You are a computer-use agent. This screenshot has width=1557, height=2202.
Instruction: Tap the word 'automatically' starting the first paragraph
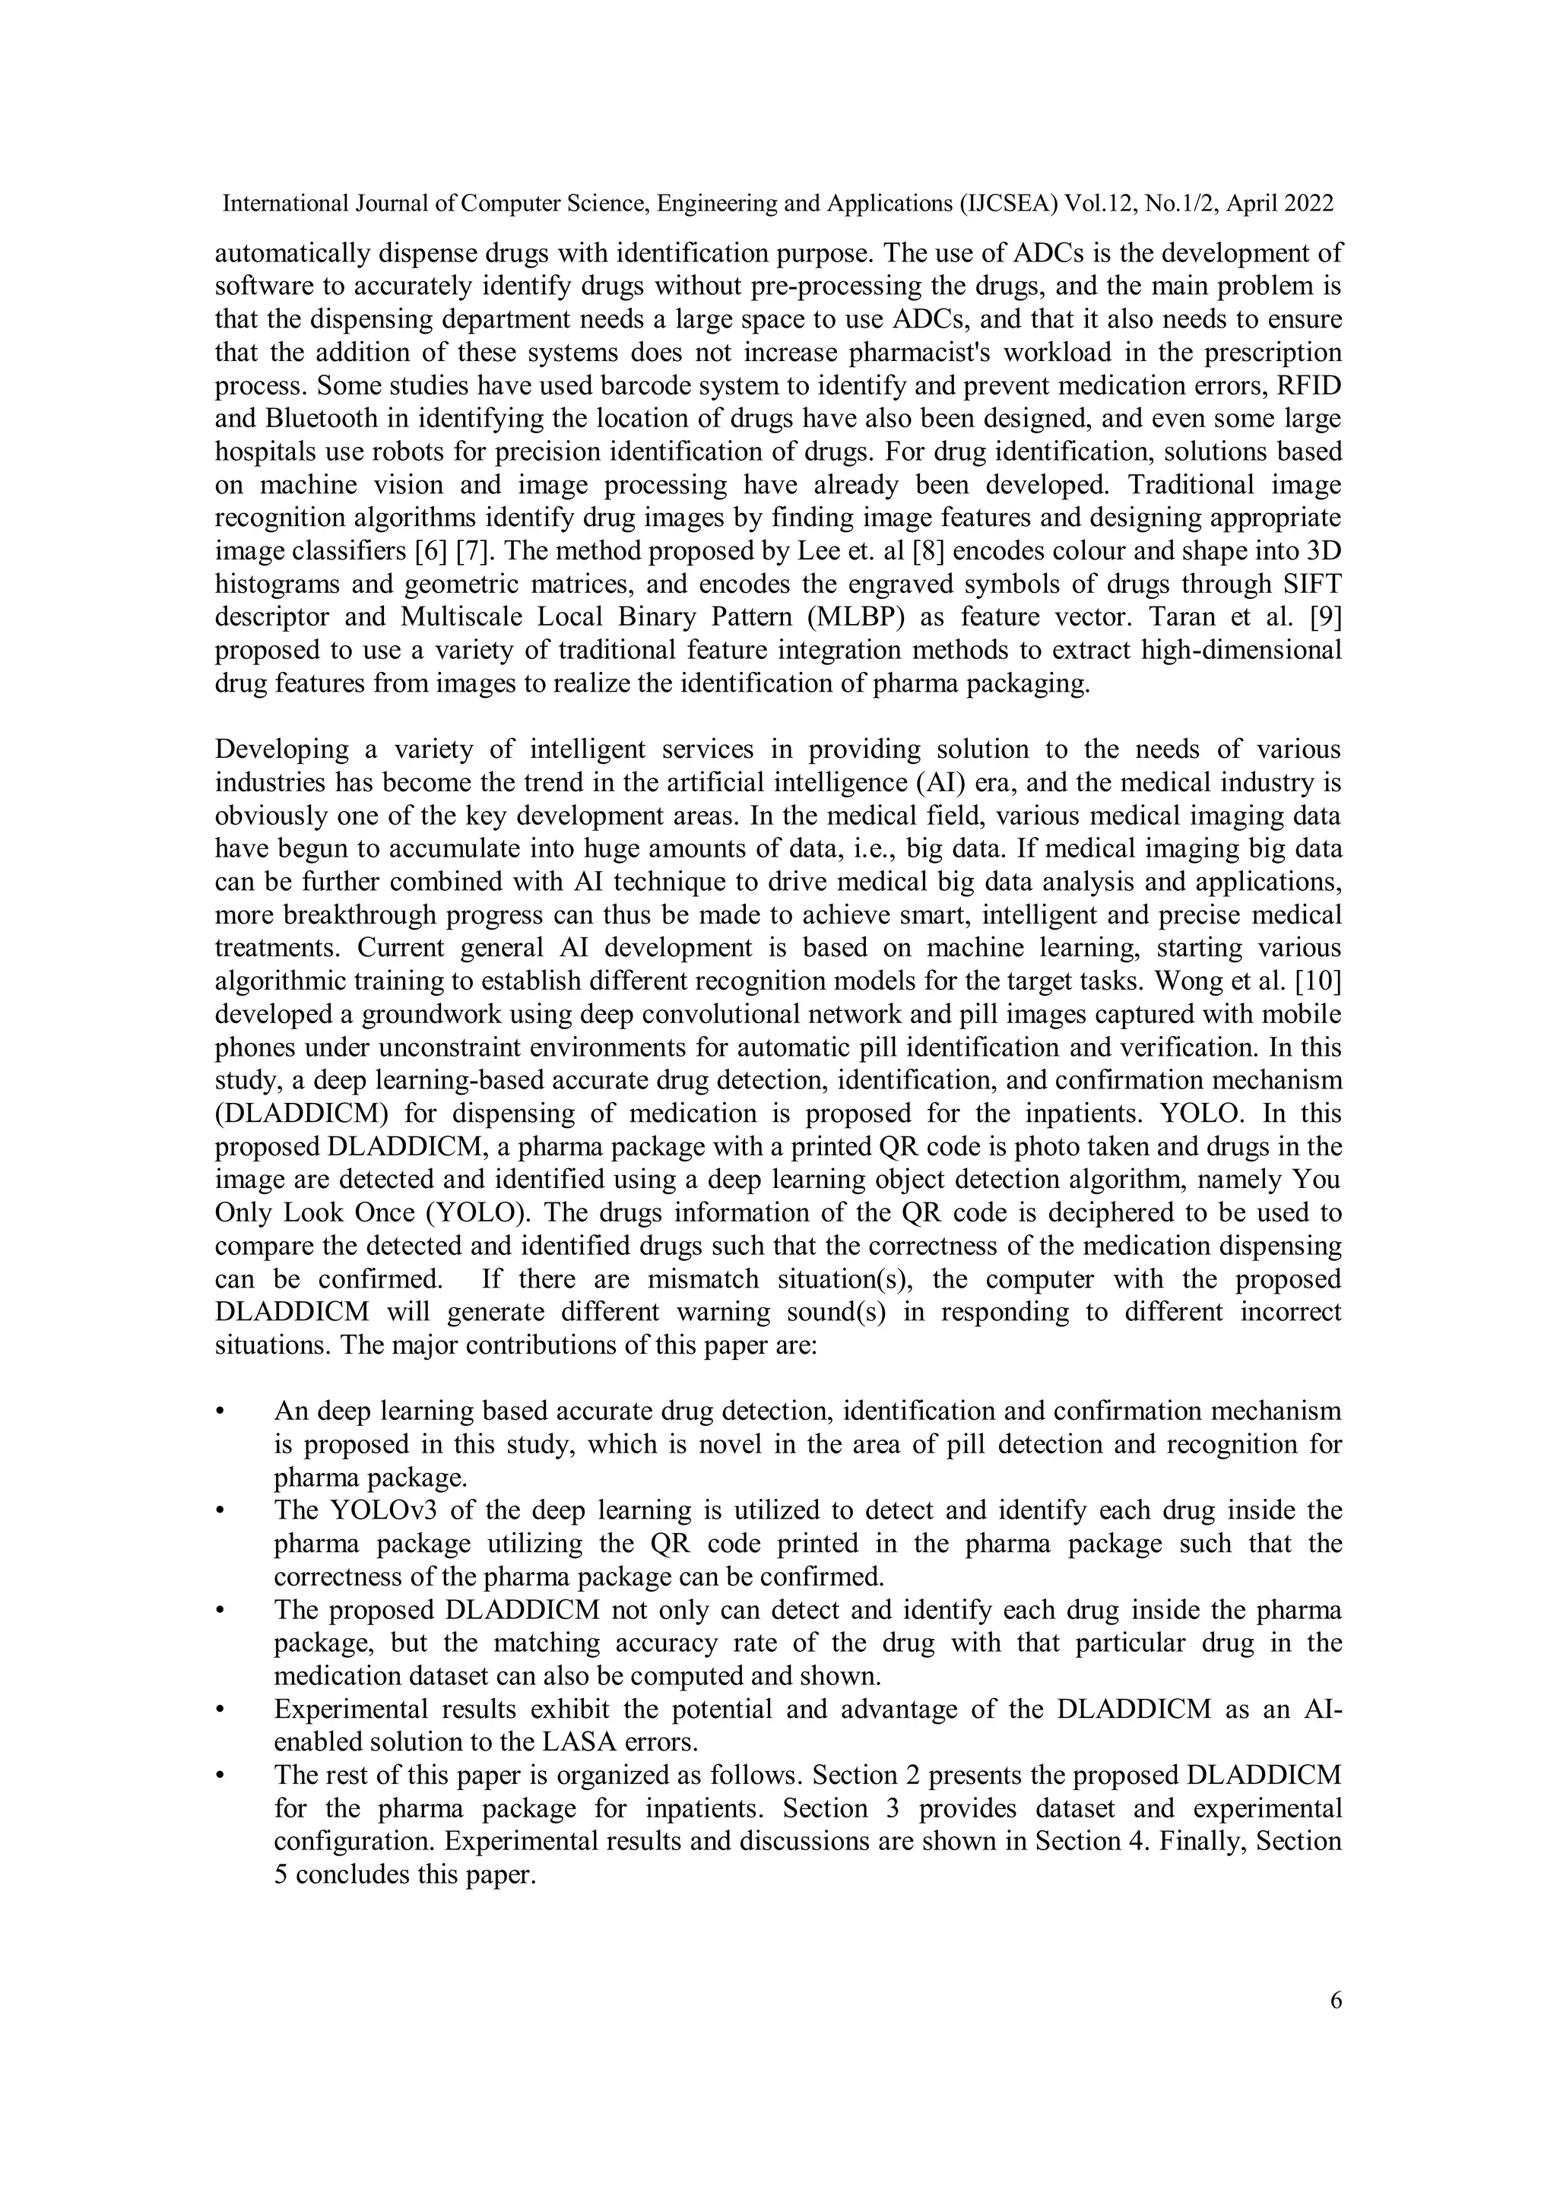click(290, 253)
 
